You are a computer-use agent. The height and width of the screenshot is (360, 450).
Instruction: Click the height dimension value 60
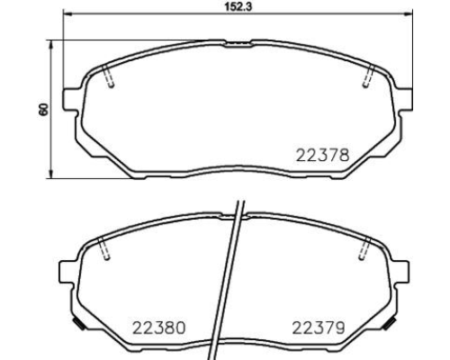click(43, 110)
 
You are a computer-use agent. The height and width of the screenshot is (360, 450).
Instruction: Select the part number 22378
click(322, 156)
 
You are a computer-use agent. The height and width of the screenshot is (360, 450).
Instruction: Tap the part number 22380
click(159, 328)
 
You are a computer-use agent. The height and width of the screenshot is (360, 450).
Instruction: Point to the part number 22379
click(319, 328)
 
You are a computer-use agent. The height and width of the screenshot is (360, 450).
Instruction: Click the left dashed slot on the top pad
click(108, 76)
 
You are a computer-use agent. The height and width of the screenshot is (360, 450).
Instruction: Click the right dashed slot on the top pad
click(369, 76)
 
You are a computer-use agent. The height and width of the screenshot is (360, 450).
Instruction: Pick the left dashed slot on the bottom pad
click(104, 247)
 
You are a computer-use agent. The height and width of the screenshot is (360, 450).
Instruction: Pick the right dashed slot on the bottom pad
click(364, 247)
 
